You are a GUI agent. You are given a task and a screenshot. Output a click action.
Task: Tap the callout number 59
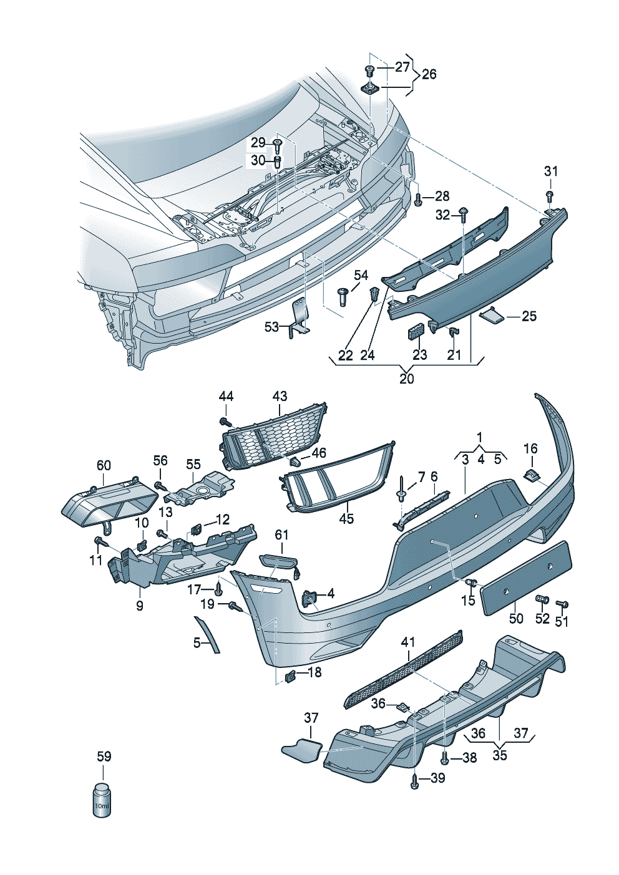coord(104,757)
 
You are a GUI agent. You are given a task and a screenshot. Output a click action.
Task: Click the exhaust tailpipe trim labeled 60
coord(109,503)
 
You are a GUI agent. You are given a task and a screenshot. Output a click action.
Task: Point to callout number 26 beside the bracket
coord(429,75)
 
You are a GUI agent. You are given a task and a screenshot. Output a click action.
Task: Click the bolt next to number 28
coord(419,200)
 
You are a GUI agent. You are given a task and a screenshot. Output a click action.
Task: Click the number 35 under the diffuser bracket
coord(500,755)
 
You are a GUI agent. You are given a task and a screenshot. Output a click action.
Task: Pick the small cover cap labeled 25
coord(492,317)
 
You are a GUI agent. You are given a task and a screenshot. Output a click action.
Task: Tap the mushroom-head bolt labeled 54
coord(342,295)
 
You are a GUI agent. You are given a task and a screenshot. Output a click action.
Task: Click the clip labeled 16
coord(530,475)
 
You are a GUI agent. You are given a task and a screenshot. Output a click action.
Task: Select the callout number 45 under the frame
coord(346,518)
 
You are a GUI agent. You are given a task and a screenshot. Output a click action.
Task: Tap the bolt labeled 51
coord(561,604)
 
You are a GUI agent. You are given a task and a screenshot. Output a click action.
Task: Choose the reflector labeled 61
coord(280,563)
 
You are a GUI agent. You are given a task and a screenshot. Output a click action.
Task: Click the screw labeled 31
coord(549,196)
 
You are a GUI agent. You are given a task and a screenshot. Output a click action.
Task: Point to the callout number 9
coord(140,606)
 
